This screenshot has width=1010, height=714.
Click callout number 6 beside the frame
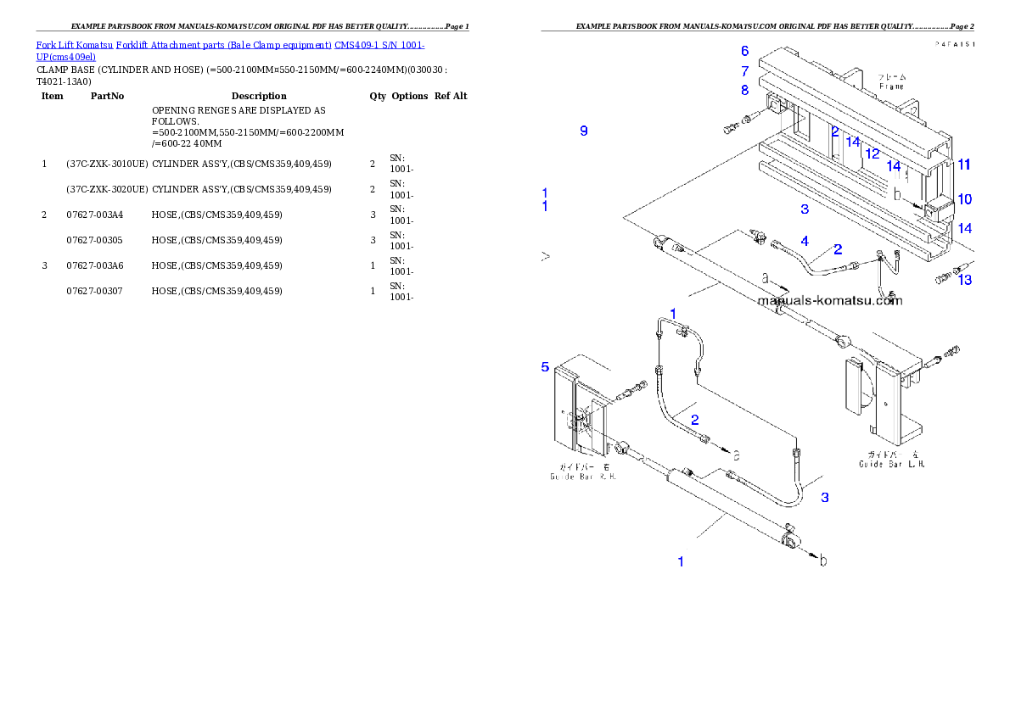point(744,51)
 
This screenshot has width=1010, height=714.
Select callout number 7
point(744,71)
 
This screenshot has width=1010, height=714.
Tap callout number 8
point(744,90)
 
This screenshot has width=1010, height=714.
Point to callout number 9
point(584,131)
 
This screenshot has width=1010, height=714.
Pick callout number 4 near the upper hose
point(805,242)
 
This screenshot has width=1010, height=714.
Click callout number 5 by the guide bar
point(546,367)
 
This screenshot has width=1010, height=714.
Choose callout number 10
point(965,199)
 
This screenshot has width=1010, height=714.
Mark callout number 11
point(964,165)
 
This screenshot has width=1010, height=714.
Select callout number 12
point(873,154)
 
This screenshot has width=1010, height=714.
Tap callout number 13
point(965,280)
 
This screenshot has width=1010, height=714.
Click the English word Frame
point(891,86)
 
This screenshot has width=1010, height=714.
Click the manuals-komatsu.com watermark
point(829,300)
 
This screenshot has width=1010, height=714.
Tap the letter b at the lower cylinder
point(822,561)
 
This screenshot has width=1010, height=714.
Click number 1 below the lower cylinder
point(681,561)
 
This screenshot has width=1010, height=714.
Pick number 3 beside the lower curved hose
point(825,498)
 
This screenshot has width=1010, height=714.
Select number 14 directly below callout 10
point(965,229)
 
